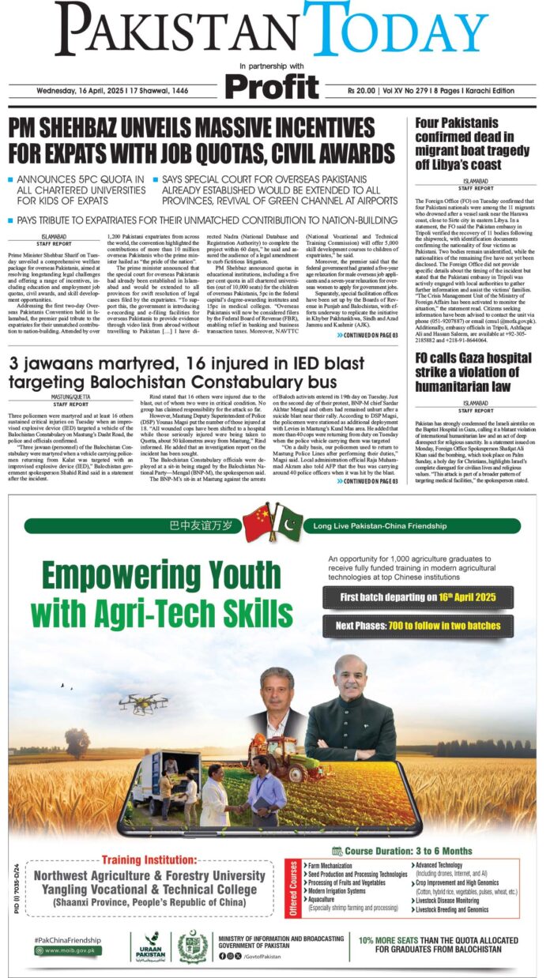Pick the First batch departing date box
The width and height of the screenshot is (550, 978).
[418, 596]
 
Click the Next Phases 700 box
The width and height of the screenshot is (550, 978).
[418, 626]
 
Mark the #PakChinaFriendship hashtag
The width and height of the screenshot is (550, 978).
[68, 939]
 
